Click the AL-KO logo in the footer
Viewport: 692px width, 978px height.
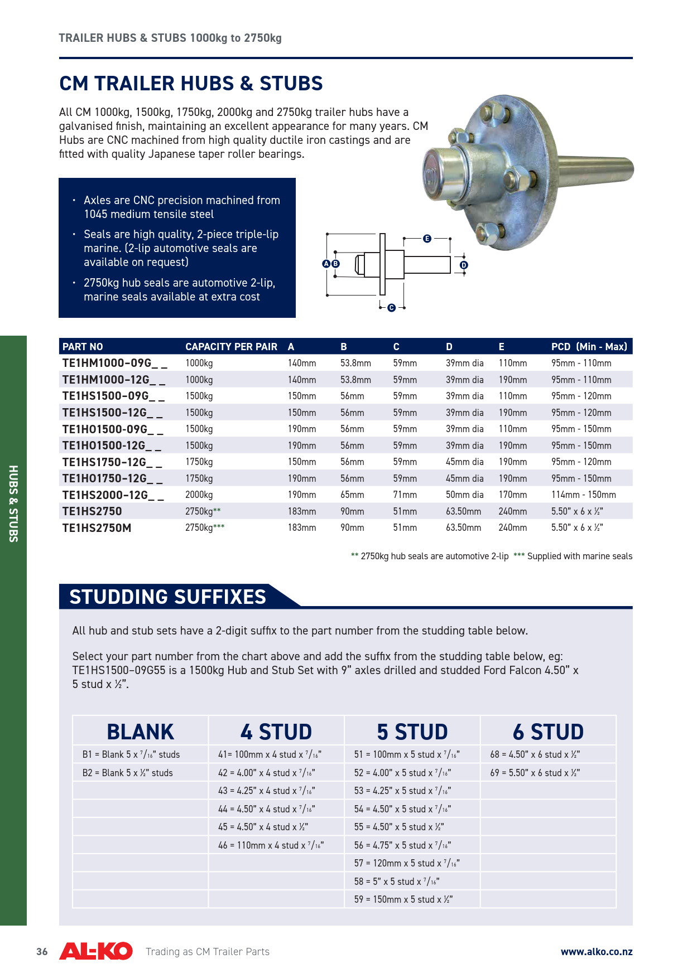click(96, 951)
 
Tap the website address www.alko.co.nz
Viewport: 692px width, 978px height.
click(596, 952)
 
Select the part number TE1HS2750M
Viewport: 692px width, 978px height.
click(97, 527)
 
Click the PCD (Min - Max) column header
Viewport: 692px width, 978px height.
click(589, 346)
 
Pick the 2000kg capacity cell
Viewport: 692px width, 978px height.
click(199, 495)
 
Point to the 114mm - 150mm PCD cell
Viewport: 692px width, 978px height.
click(583, 495)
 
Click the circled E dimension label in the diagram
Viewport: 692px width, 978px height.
click(427, 239)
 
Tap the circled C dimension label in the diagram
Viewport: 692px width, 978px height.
click(391, 308)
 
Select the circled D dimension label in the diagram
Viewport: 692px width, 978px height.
click(464, 265)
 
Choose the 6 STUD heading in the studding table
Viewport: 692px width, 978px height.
click(548, 732)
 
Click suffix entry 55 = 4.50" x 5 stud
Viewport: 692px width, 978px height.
click(399, 827)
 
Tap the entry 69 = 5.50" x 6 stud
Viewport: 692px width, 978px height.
click(535, 773)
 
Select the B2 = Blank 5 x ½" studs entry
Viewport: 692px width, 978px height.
click(127, 773)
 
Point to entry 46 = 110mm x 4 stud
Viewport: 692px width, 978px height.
click(271, 845)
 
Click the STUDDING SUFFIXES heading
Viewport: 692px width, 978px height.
click(167, 597)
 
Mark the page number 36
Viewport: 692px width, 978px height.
click(42, 952)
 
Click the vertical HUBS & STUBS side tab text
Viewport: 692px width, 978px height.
click(13, 503)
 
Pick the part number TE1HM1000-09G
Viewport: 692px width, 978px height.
click(114, 363)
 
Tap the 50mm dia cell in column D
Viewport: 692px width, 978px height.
click(464, 495)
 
